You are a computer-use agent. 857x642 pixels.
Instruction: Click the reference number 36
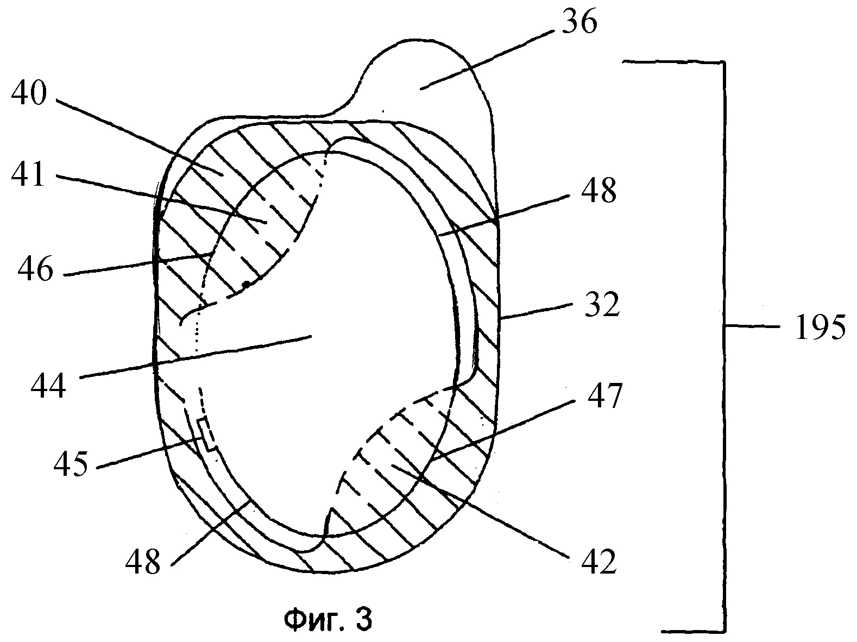[x=579, y=22]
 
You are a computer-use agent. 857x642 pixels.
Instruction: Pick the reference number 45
[x=70, y=463]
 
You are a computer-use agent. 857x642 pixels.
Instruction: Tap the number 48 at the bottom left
[x=142, y=561]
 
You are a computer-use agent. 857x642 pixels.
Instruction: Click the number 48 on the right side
[x=598, y=190]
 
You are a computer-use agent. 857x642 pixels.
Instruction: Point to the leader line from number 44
[x=194, y=356]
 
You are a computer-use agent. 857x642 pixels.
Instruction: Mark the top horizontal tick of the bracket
[x=673, y=62]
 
